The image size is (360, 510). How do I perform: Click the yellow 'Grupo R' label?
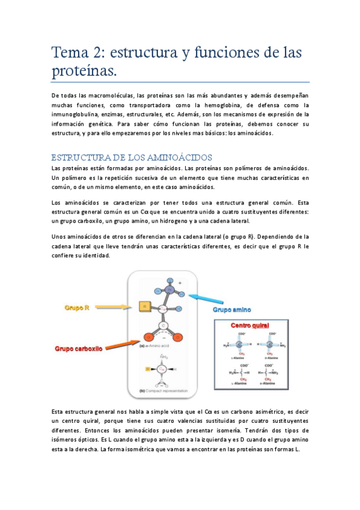(x=78, y=308)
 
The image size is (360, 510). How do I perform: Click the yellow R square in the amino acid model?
(x=144, y=307)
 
